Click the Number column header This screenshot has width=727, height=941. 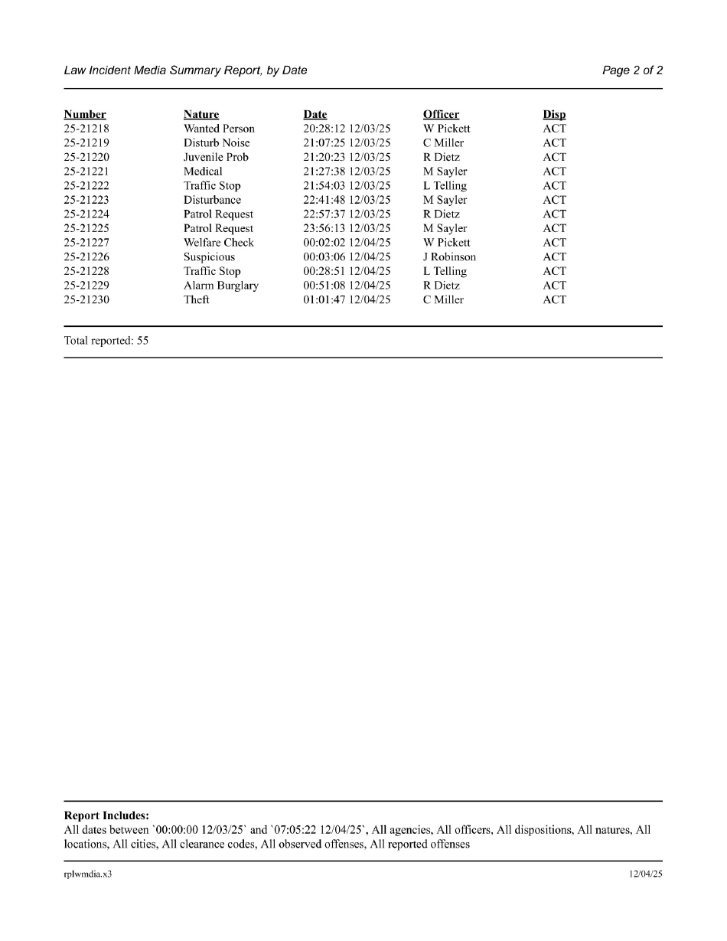(85, 115)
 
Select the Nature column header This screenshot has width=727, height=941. (201, 115)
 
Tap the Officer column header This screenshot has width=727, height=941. (441, 115)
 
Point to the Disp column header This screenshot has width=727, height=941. (554, 115)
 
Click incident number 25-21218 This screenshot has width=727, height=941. (86, 129)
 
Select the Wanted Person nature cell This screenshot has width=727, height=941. (219, 129)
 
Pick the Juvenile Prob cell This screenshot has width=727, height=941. (216, 157)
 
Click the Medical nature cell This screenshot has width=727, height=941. (203, 172)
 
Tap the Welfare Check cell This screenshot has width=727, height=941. (218, 243)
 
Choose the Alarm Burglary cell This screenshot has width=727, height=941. (220, 286)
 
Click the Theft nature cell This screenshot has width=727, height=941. (196, 300)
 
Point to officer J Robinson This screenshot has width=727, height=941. (449, 257)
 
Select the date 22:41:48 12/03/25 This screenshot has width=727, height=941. (347, 200)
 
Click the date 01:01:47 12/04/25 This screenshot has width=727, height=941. (347, 300)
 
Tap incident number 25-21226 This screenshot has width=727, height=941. (86, 257)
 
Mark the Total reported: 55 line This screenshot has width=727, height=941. (106, 341)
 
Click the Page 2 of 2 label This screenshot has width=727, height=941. (632, 70)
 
